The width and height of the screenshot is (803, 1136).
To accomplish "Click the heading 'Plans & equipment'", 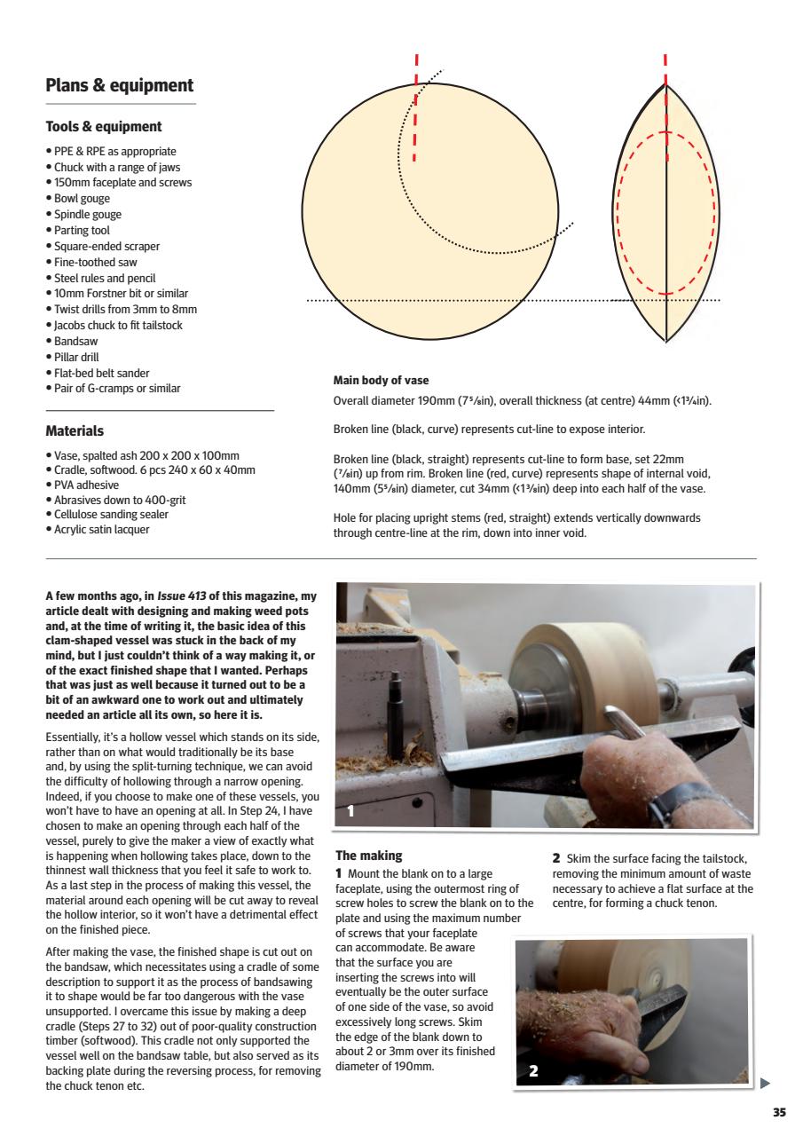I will click(x=119, y=86).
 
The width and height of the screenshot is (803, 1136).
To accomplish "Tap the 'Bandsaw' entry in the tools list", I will click(x=76, y=342).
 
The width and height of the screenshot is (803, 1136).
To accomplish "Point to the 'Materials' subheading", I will click(x=75, y=431).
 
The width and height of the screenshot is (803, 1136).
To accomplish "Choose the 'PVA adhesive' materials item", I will click(x=87, y=485).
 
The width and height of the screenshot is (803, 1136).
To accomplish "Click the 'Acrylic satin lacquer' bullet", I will click(x=101, y=530).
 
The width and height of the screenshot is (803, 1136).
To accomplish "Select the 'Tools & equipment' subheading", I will click(x=103, y=127).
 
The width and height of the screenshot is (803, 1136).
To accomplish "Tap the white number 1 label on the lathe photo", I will click(x=351, y=810).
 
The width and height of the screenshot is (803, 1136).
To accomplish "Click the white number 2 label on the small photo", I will click(x=533, y=1071).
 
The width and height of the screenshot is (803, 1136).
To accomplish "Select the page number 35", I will click(x=779, y=1113).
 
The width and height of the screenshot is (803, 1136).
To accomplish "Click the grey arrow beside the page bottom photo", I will click(x=766, y=1083).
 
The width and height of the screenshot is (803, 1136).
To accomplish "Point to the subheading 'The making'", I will click(x=368, y=856).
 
